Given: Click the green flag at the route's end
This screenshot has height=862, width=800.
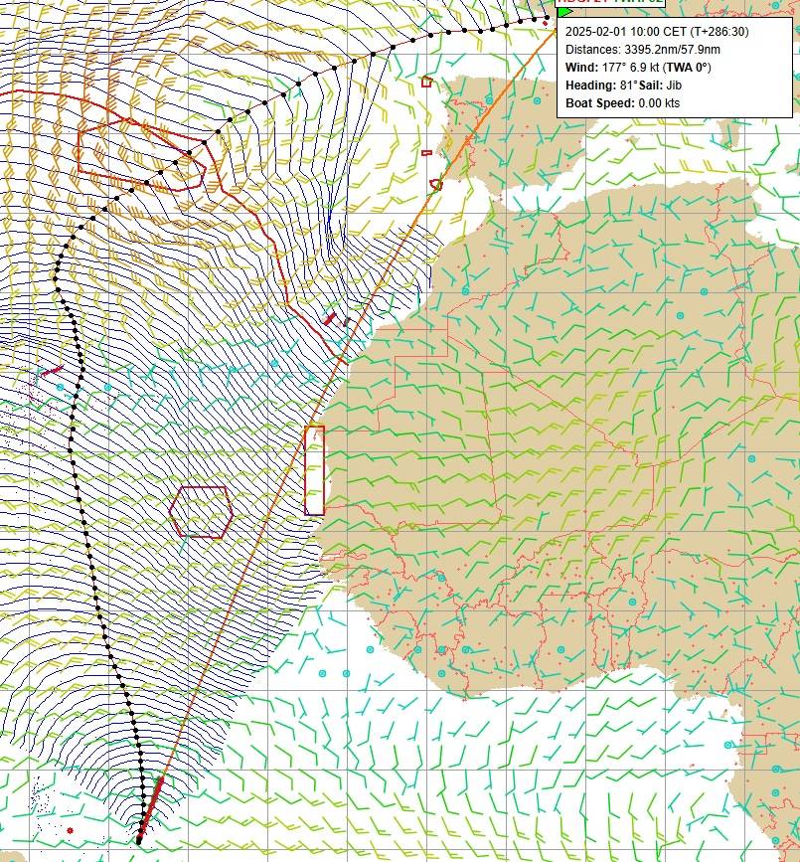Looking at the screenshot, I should click(564, 11).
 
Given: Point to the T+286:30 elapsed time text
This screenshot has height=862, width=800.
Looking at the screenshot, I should click(714, 31).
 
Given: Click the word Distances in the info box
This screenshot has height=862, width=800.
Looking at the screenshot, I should click(592, 49).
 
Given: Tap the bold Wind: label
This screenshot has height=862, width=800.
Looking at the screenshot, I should click(582, 67).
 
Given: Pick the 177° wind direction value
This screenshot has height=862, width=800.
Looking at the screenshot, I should click(616, 67).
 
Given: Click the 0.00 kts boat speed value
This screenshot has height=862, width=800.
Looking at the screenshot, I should click(659, 102).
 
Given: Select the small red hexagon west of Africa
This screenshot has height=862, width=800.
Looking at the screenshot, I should click(201, 512).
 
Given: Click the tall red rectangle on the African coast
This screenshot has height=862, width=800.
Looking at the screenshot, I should click(314, 470).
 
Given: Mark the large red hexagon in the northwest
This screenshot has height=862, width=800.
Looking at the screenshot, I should click(141, 154).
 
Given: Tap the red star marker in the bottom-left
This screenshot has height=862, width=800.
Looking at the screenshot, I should click(70, 829).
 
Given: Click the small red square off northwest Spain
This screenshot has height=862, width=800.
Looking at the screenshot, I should click(427, 82).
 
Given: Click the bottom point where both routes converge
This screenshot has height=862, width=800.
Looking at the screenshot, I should click(138, 841).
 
